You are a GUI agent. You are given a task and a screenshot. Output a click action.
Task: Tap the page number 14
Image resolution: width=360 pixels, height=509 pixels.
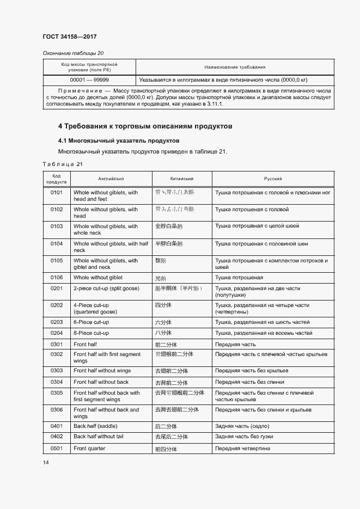46,462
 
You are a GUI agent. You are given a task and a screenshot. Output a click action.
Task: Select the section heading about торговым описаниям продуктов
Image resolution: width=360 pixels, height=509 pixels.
145,126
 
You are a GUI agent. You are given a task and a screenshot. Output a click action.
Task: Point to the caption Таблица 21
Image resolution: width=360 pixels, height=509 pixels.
63,164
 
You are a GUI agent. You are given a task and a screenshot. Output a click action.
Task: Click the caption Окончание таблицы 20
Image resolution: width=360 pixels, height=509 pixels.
73,53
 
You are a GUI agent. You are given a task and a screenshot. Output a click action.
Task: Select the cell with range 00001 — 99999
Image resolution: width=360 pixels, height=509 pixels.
90,79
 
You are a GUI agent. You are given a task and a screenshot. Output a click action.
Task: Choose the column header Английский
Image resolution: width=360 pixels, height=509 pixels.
111,179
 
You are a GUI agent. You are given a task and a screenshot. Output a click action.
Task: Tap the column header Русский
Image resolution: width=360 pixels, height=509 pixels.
273,179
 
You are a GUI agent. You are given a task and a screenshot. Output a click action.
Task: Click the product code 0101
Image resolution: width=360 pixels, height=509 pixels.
57,193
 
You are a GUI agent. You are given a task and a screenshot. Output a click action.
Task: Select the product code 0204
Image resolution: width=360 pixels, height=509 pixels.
57,333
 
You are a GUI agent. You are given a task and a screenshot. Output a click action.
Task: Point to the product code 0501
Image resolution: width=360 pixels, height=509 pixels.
57,449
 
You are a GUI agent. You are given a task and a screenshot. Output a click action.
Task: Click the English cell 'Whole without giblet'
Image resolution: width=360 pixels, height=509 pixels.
98,278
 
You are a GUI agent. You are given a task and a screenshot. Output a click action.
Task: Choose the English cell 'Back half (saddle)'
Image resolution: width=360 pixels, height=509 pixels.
95,426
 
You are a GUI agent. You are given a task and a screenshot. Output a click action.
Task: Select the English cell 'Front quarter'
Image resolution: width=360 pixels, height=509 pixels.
89,449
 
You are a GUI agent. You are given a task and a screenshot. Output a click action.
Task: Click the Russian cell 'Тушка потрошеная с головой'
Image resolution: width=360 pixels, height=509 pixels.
252,210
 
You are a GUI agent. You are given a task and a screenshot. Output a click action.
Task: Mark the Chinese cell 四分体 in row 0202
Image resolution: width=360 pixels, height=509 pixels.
163,305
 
